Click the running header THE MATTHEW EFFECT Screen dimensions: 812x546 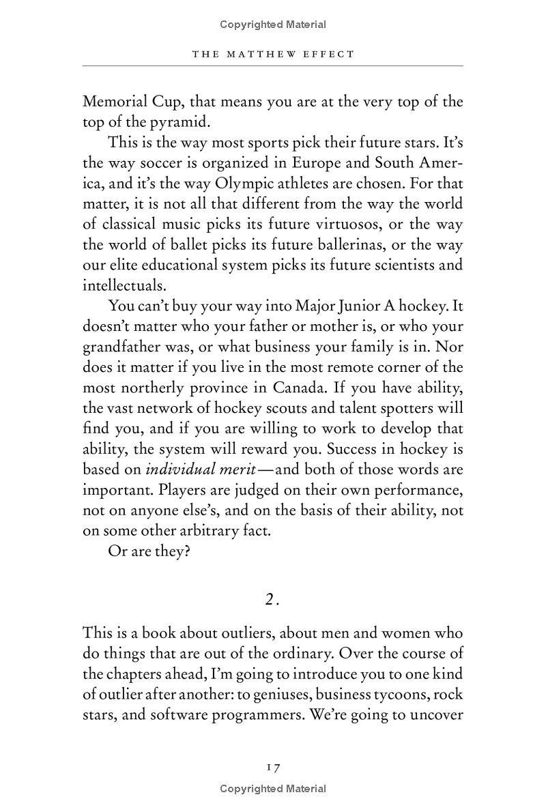273,54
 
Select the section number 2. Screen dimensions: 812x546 272,598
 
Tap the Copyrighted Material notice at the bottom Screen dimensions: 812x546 273,789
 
